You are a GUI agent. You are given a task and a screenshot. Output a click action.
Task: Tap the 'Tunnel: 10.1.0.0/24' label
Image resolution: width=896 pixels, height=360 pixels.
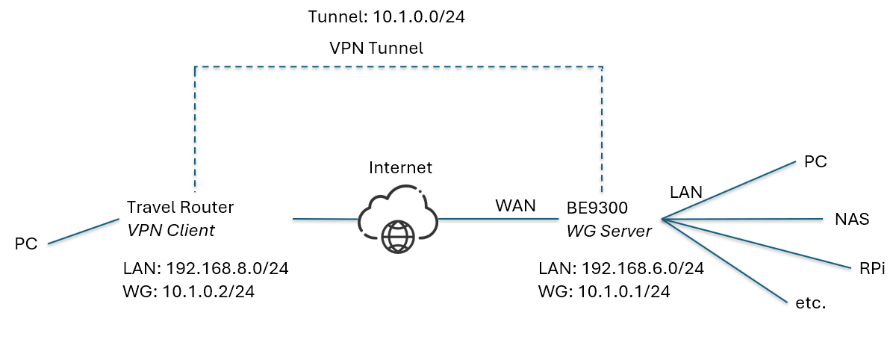click(x=387, y=17)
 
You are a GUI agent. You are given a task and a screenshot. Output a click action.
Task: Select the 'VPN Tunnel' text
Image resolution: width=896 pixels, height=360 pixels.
click(x=376, y=49)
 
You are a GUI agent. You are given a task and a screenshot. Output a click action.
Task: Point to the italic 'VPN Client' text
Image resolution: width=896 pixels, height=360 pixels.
click(x=171, y=231)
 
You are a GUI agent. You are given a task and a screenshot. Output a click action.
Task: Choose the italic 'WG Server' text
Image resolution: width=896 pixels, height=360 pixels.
click(x=609, y=232)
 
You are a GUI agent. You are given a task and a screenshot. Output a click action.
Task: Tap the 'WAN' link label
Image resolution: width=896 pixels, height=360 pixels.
click(x=515, y=205)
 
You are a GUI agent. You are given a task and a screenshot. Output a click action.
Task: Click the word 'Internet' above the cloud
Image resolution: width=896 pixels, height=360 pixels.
click(x=400, y=167)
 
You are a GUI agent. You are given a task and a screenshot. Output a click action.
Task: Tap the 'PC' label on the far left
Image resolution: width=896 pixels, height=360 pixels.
click(x=26, y=243)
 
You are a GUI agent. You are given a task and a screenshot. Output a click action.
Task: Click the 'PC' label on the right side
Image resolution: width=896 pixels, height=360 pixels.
click(x=817, y=161)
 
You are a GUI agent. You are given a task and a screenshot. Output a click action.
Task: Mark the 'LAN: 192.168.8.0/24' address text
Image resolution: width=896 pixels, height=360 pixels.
click(x=205, y=268)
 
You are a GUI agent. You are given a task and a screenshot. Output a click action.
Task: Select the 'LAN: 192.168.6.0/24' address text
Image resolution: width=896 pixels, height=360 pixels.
click(x=621, y=268)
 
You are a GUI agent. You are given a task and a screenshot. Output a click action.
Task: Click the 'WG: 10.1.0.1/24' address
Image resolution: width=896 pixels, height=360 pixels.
click(x=603, y=292)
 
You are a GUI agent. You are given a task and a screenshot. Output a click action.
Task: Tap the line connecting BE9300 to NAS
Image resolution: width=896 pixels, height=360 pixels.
click(x=747, y=220)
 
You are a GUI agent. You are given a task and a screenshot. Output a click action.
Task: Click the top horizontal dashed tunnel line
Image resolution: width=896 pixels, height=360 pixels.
click(x=398, y=67)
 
